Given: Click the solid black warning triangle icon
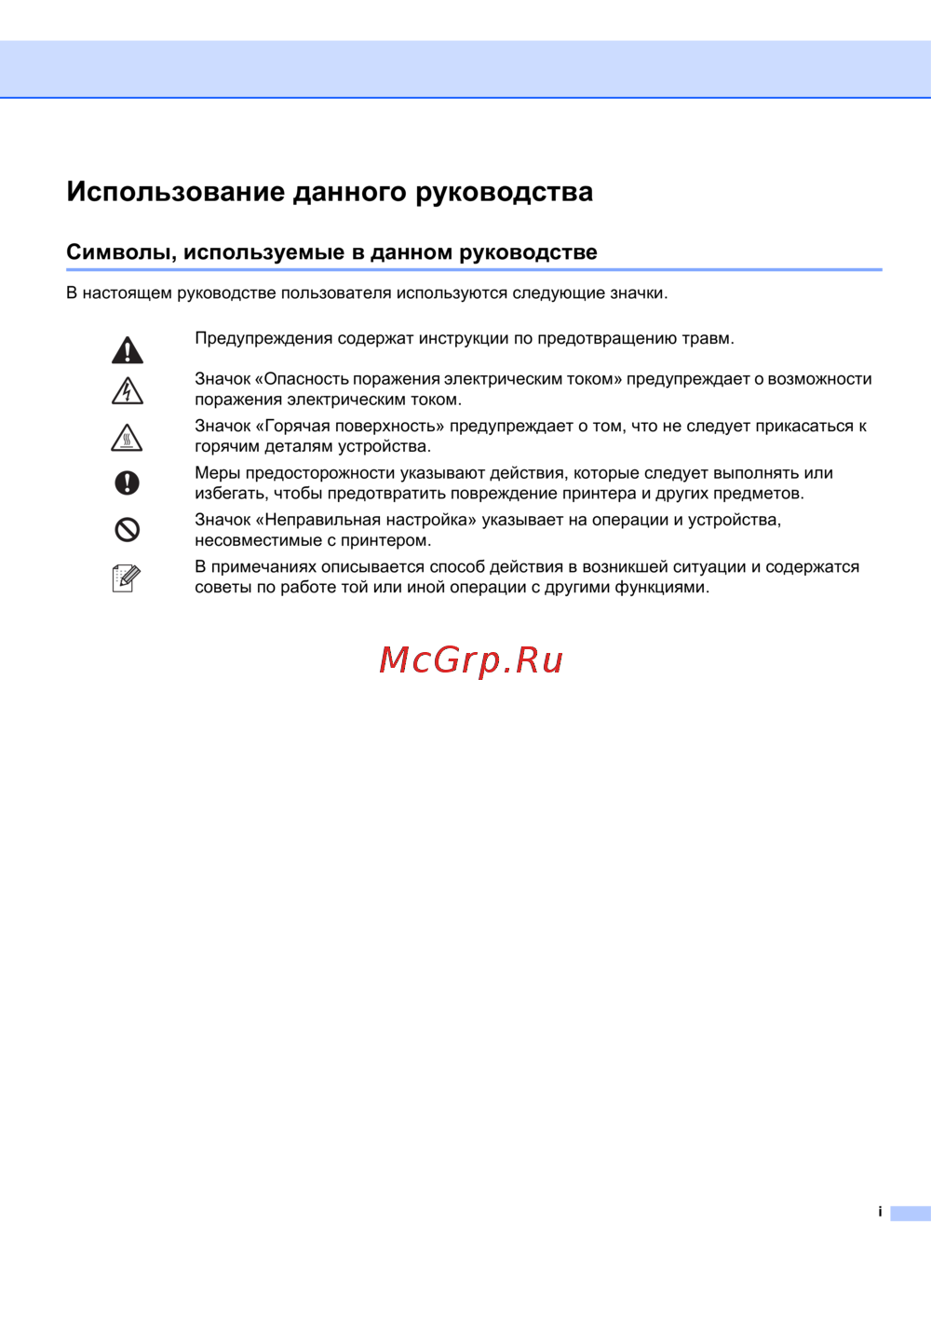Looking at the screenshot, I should click(128, 350).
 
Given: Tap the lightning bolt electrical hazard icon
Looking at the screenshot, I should click(128, 391).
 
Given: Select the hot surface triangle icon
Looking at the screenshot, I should click(128, 438).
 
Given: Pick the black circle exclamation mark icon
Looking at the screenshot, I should click(128, 482).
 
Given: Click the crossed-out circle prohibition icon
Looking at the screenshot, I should click(128, 530).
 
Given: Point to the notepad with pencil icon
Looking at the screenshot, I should click(126, 578).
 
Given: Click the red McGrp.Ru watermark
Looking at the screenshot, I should click(471, 660).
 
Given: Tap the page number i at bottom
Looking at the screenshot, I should click(880, 1212).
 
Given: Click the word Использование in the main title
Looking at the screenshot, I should click(176, 192).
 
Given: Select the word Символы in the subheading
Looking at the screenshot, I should click(120, 252).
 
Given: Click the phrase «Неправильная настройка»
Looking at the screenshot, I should click(365, 520).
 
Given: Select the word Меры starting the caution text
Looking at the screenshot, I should click(217, 473).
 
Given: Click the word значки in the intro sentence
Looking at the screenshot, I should click(638, 293).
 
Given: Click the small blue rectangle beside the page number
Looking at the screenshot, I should click(910, 1214).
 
